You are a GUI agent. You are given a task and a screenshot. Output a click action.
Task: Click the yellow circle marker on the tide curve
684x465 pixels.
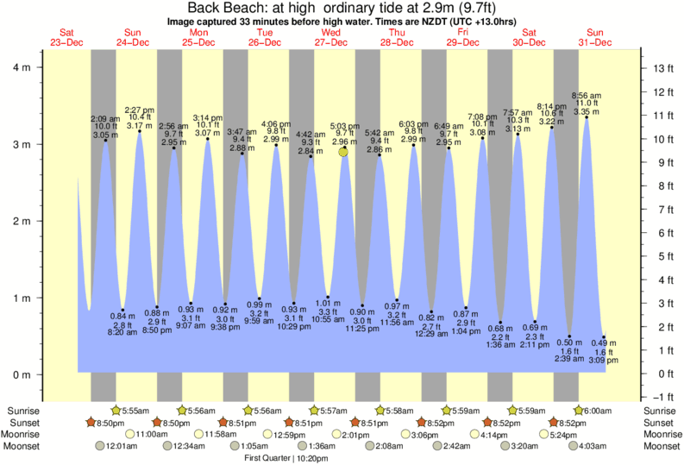tap(344, 152)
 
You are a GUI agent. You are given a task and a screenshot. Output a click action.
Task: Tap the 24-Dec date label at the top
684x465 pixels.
tap(133, 42)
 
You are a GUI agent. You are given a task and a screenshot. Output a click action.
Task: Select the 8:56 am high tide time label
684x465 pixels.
tap(587, 95)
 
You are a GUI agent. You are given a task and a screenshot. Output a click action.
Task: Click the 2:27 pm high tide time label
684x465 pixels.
tap(139, 110)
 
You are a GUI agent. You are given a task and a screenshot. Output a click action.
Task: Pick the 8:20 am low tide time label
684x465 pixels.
tap(122, 331)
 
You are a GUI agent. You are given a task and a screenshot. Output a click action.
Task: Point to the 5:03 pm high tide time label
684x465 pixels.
tap(344, 125)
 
